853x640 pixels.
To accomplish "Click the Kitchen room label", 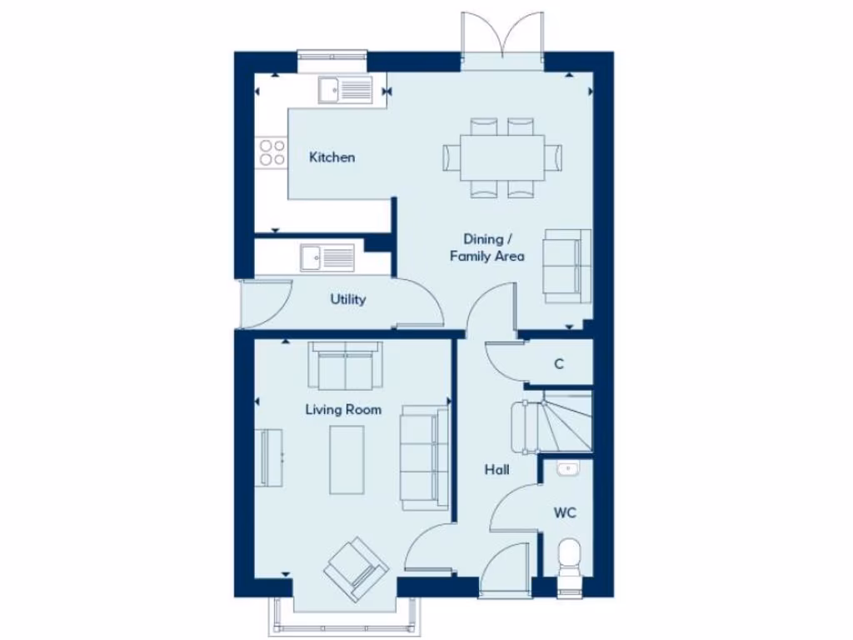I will [332, 157].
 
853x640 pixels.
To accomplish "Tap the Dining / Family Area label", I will [487, 247].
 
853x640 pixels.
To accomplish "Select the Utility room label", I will [347, 299].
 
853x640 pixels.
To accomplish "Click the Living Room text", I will [343, 409].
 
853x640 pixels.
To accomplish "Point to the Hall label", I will [497, 470].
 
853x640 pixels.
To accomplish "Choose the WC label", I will [565, 512].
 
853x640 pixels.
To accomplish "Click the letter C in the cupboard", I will [559, 364].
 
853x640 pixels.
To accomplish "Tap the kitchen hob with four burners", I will [272, 152].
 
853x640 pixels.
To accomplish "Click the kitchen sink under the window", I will [346, 88].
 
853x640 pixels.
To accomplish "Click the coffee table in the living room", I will [347, 459].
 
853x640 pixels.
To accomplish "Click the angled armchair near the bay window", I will [356, 569].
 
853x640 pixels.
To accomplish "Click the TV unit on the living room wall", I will [271, 457].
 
